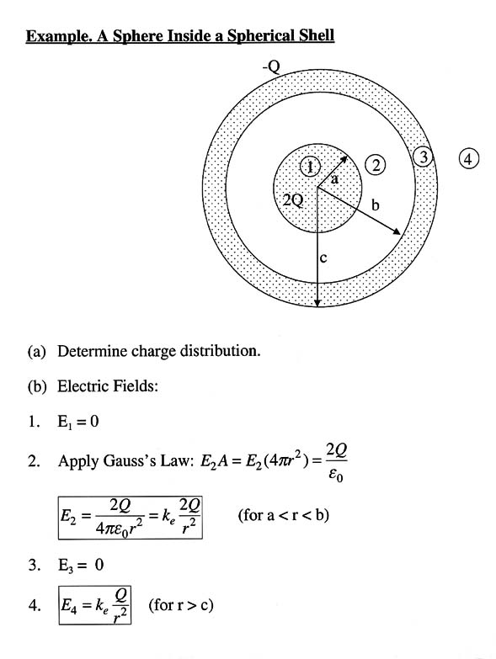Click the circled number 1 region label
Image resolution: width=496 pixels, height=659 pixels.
coord(310,167)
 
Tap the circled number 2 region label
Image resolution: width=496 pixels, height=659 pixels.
coord(376,165)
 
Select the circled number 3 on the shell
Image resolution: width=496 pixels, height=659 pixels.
coord(424,157)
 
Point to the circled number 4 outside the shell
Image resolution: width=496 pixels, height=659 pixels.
coord(469,159)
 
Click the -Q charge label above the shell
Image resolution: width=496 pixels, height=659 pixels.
coord(271,66)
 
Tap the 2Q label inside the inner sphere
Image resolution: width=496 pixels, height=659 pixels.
coord(292,200)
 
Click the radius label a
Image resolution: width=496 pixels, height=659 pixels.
coord(334,179)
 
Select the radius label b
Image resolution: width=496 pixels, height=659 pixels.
coord(375,205)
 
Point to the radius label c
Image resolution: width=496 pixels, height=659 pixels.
coord(323,258)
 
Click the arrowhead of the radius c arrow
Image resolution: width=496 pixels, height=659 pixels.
coord(317,304)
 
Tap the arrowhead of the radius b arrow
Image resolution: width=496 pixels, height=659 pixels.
coord(397,231)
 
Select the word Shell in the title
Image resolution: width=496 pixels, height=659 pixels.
coord(317,35)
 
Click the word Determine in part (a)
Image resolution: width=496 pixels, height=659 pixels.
coord(93,351)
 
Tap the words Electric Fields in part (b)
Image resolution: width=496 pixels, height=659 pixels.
coord(108,386)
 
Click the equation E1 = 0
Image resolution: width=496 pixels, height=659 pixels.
coord(78,422)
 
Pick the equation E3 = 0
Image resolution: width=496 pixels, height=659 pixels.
coord(81,565)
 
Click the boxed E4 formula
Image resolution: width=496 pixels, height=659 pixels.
coord(95,605)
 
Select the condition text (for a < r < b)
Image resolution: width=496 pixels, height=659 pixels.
coord(284,515)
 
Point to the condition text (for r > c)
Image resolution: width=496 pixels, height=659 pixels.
coord(181,605)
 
